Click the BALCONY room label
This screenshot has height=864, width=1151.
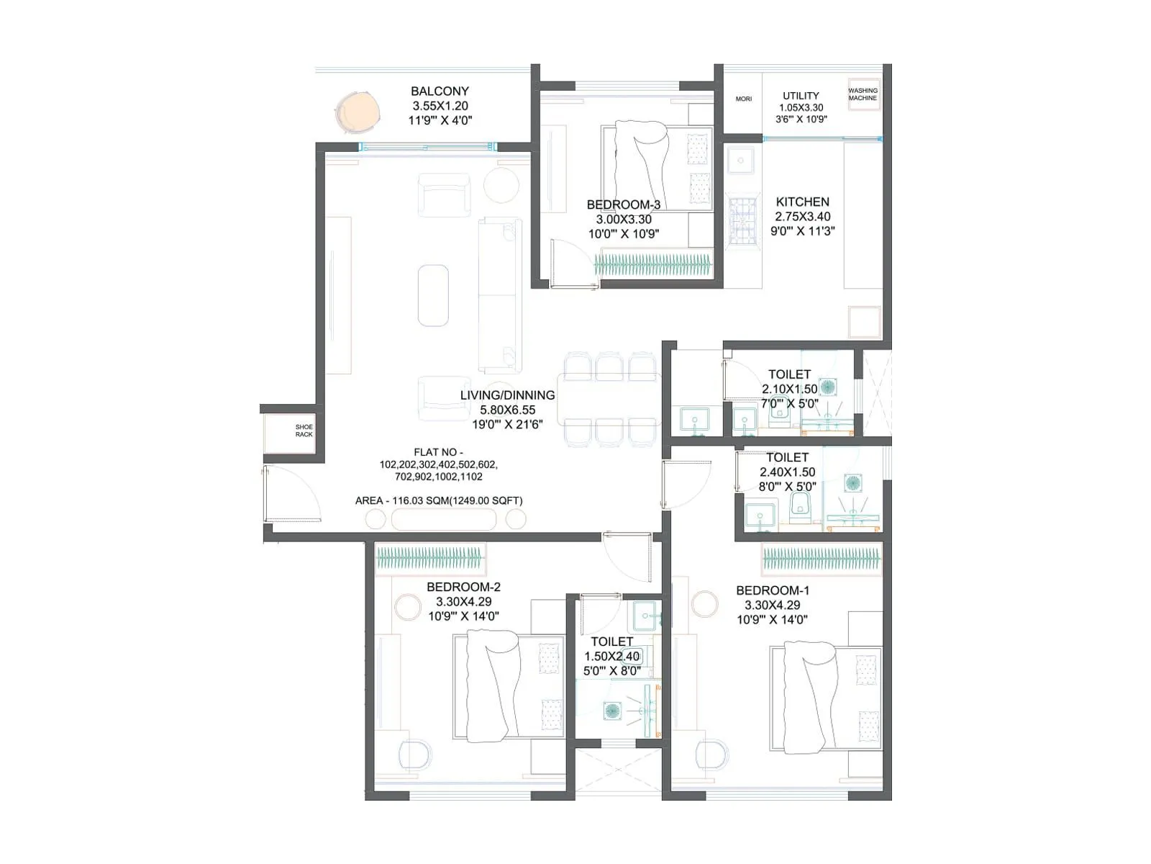pos(440,91)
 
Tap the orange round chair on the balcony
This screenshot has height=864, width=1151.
pos(358,112)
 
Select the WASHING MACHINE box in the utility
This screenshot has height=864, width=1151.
pos(863,94)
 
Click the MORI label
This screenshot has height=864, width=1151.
pos(743,99)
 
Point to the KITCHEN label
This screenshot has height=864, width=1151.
pos(802,202)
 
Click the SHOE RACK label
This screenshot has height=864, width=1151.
pos(304,431)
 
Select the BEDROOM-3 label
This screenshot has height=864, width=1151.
pos(623,205)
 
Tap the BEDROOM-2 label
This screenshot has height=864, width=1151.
pos(463,587)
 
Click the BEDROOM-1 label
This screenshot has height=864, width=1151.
pos(773,590)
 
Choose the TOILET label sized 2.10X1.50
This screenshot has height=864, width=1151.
pos(789,374)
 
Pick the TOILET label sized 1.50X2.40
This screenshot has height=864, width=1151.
pos(611,642)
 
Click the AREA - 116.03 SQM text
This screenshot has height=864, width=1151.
pos(439,500)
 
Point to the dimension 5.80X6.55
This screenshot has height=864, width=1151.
pos(508,410)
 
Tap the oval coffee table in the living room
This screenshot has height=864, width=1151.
pos(433,294)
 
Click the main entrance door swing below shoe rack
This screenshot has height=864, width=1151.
pos(291,493)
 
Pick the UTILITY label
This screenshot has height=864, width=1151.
pos(801,96)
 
